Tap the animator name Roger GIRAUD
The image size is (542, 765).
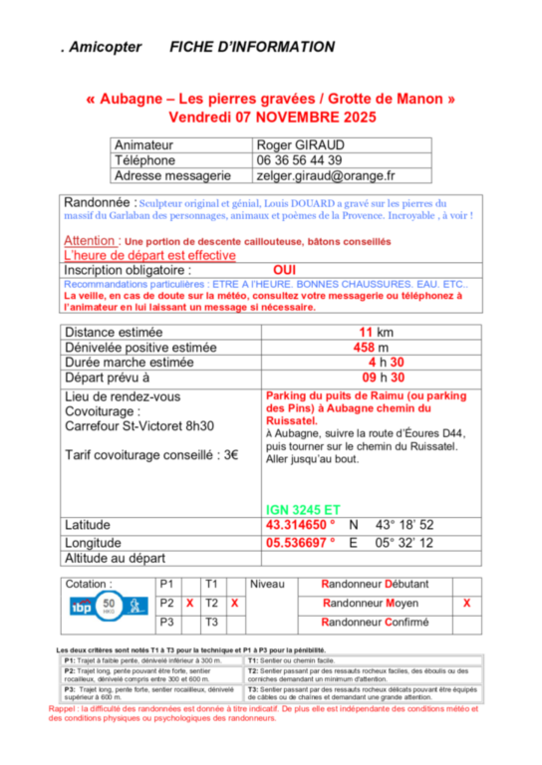click(300, 145)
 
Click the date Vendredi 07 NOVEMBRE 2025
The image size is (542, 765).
click(271, 117)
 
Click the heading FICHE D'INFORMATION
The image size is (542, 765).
click(252, 47)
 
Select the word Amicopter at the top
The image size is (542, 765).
click(106, 47)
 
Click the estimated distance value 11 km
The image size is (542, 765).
click(376, 332)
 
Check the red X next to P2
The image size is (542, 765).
click(189, 604)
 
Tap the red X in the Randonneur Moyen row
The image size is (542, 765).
click(467, 604)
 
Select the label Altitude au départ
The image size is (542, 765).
click(114, 559)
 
